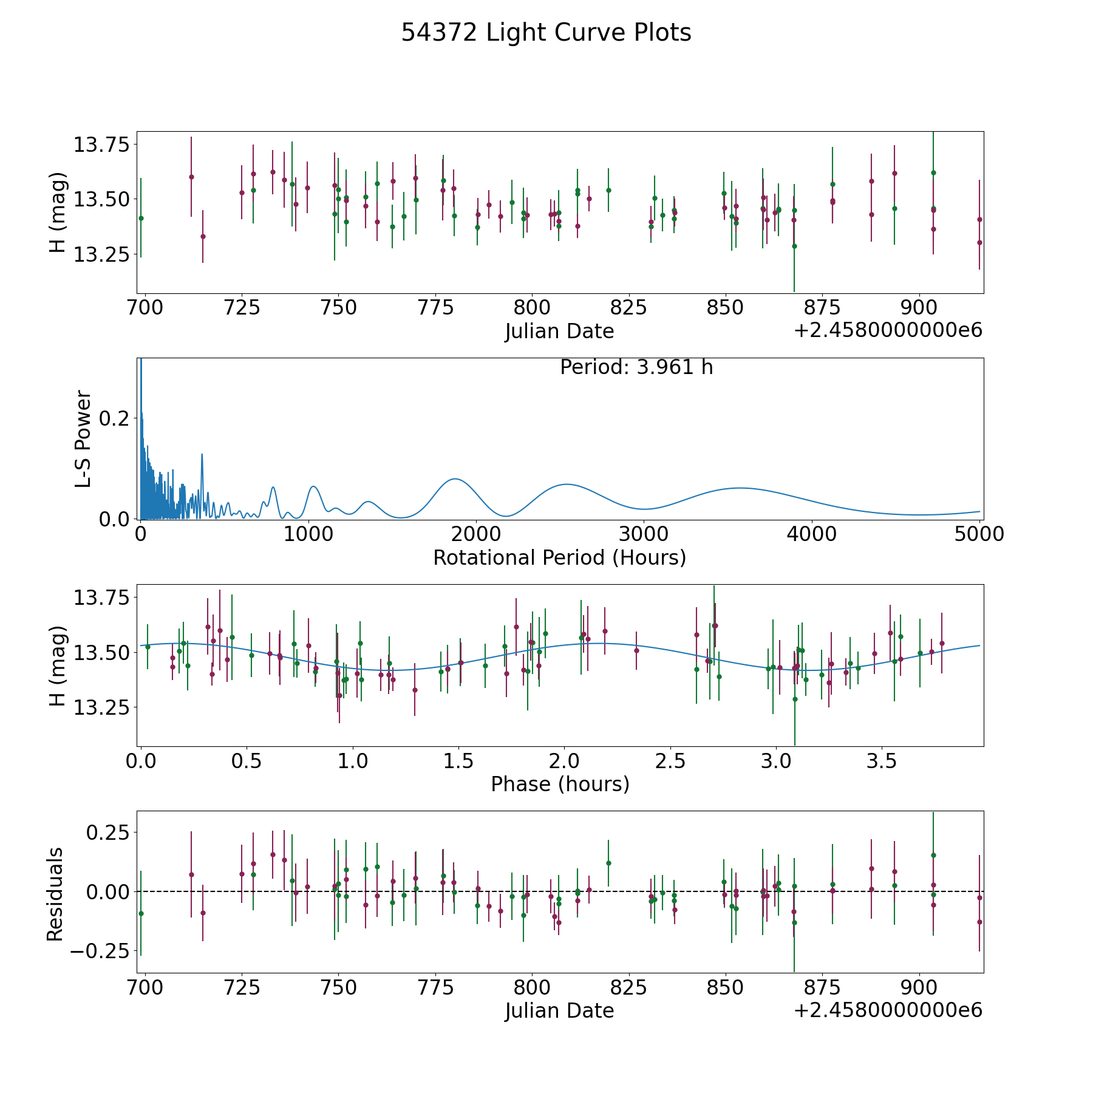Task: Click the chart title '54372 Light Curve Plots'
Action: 546,33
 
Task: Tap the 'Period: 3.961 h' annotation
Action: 636,367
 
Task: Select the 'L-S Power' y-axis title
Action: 84,438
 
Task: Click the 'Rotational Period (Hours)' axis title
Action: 559,557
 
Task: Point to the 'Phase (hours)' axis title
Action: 560,784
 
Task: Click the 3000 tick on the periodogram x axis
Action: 644,534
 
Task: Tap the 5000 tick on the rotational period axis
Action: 979,534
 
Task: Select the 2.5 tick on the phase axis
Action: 670,761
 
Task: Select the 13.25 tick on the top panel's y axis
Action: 101,254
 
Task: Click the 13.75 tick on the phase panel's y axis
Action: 101,598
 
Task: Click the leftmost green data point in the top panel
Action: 141,218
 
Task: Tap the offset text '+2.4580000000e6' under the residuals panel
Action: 888,1010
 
